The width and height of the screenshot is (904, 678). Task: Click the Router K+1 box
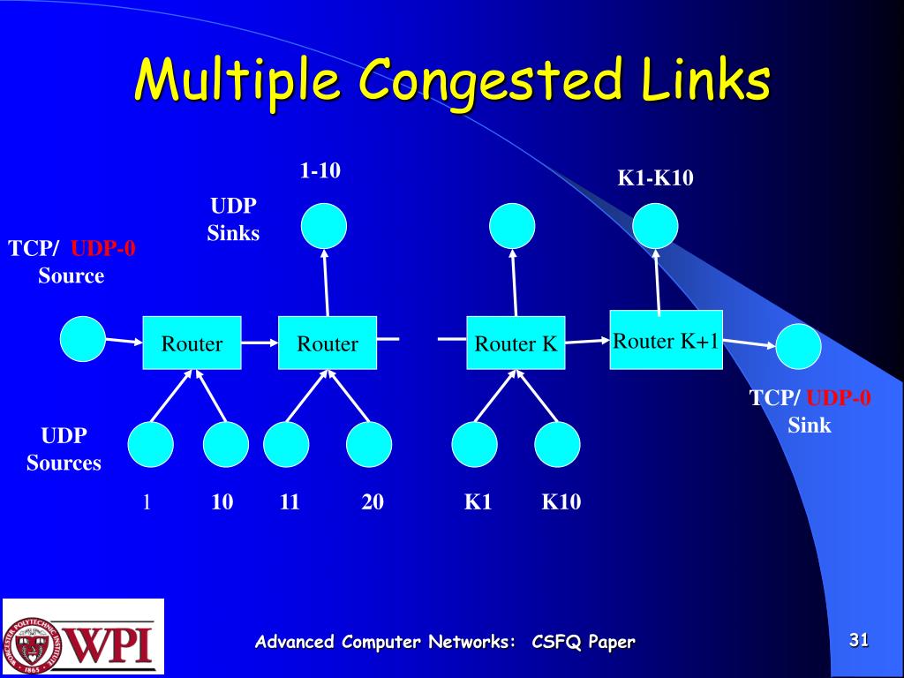[667, 341]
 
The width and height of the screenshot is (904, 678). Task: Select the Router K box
[516, 343]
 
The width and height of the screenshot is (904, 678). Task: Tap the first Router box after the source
[192, 343]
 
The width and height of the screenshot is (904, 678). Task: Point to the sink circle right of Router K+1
[798, 347]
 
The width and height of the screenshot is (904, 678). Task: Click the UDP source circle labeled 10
[226, 445]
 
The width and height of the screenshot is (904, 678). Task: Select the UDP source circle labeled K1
[474, 445]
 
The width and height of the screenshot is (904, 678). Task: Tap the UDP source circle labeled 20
[369, 445]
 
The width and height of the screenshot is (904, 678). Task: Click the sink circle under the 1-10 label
[324, 226]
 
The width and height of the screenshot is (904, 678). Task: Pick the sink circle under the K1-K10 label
[656, 226]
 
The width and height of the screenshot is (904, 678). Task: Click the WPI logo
[83, 636]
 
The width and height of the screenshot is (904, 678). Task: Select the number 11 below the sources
[290, 502]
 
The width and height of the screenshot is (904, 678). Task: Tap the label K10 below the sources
[561, 502]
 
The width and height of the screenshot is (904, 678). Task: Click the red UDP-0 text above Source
[103, 249]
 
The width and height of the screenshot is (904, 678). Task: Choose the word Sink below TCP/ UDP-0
[810, 426]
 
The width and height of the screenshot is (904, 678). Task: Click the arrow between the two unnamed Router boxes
[260, 343]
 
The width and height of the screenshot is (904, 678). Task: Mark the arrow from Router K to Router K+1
[588, 341]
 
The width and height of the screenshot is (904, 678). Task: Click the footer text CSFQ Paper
[583, 642]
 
